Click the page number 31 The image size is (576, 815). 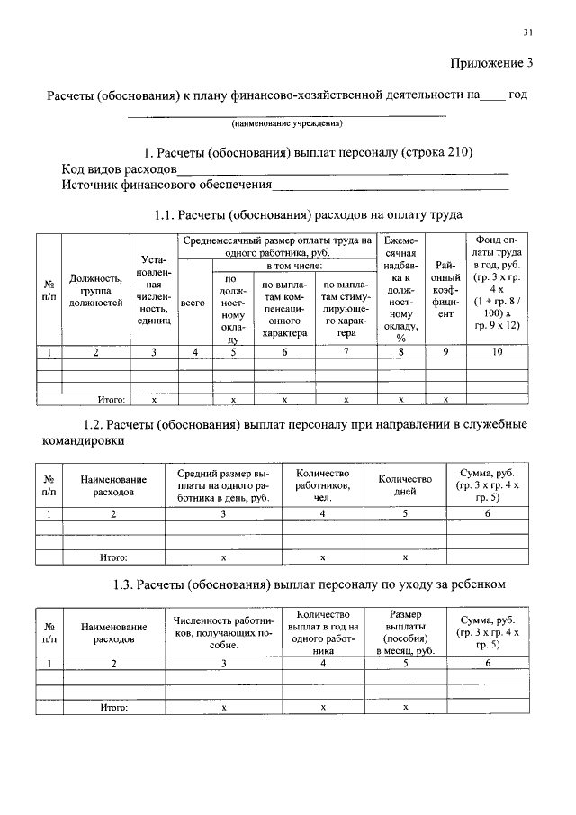click(528, 32)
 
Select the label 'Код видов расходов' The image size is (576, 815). click(119, 168)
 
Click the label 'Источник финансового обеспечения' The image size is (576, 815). click(166, 186)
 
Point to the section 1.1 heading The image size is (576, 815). click(309, 215)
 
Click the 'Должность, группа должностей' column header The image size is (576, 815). click(95, 291)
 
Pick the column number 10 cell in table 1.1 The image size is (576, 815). click(497, 352)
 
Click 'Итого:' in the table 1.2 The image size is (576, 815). click(114, 557)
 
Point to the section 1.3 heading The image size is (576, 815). click(309, 584)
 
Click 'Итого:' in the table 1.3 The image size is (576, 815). click(114, 708)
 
